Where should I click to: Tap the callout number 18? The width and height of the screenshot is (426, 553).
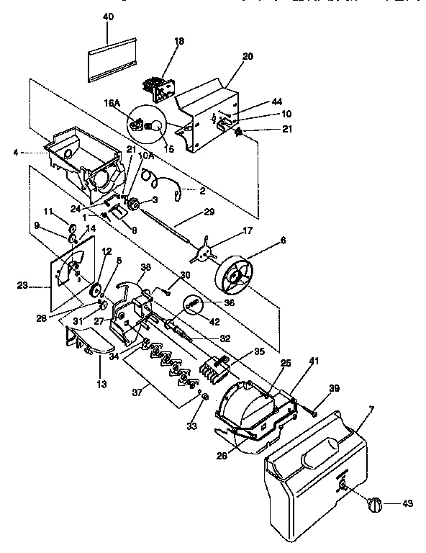[x=179, y=42]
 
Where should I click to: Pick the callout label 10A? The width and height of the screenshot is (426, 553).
[x=146, y=156]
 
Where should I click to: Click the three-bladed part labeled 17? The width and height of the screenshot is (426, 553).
[x=204, y=249]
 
